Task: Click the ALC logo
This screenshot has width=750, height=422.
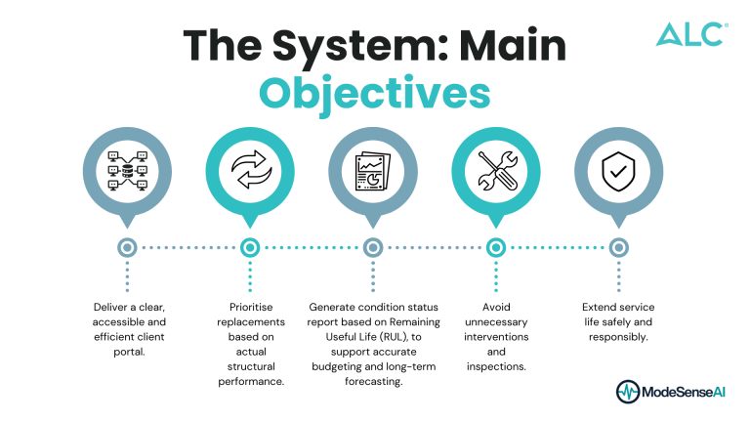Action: [691, 35]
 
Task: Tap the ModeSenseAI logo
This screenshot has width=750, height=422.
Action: [672, 392]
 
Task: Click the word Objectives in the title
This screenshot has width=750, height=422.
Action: [374, 95]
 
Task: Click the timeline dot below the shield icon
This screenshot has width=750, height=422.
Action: [618, 248]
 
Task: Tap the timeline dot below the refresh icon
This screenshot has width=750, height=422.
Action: [250, 248]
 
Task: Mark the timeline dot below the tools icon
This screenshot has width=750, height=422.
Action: [496, 248]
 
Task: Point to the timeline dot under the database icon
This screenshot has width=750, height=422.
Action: [127, 248]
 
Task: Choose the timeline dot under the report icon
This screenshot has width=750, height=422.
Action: [373, 248]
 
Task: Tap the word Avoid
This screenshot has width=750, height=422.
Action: [496, 307]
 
